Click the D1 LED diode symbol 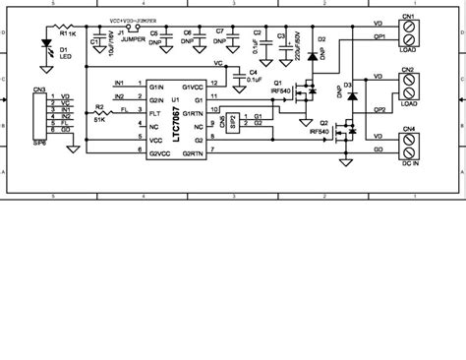[45, 42]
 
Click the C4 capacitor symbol [236, 74]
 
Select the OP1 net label [378, 36]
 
